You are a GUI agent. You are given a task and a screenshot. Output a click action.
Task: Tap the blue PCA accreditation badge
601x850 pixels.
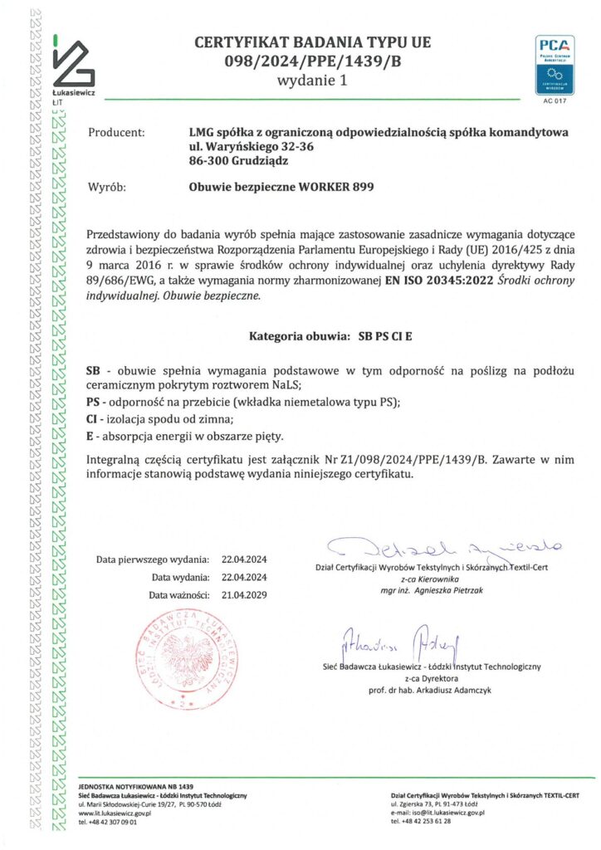[552, 65]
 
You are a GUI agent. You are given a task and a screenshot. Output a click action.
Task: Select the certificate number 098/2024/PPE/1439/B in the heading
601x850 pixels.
[312, 61]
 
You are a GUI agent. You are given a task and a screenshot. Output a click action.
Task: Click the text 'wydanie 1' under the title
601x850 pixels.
[312, 81]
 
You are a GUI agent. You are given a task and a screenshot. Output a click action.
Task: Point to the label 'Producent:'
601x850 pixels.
[116, 132]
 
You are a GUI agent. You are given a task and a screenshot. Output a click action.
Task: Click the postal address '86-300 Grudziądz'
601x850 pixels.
[233, 161]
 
